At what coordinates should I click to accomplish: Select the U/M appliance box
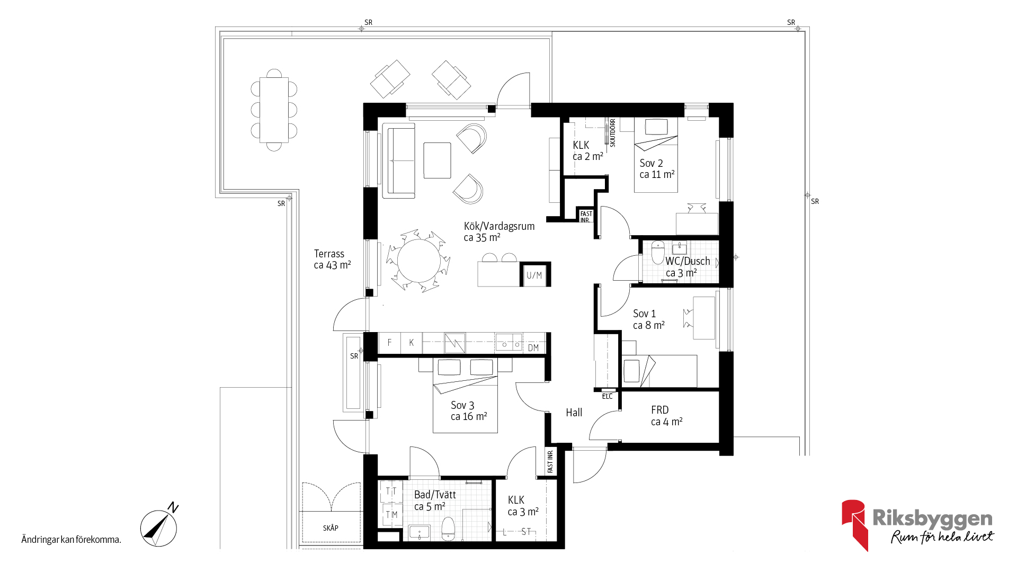(x=534, y=275)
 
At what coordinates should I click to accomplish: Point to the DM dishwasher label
(x=533, y=348)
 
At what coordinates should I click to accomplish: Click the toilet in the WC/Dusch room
(x=658, y=252)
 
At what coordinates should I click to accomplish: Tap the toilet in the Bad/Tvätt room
(x=448, y=528)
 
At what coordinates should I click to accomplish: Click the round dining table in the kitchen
(x=418, y=262)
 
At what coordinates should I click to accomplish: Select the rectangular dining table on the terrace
(x=274, y=110)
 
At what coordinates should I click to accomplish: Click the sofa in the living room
(x=398, y=160)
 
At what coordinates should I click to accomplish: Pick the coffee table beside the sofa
(x=437, y=160)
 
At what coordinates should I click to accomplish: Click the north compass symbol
(x=159, y=527)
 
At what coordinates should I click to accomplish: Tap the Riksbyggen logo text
(x=932, y=519)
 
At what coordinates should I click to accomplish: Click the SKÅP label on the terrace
(x=331, y=528)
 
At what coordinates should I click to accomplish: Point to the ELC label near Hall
(x=607, y=396)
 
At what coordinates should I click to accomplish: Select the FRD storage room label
(x=660, y=410)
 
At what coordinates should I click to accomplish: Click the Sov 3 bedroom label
(x=462, y=405)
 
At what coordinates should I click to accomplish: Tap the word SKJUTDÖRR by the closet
(x=613, y=133)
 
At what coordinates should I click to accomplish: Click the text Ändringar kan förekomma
(x=72, y=540)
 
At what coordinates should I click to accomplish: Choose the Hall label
(x=574, y=413)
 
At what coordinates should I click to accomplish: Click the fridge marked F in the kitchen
(x=389, y=343)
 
